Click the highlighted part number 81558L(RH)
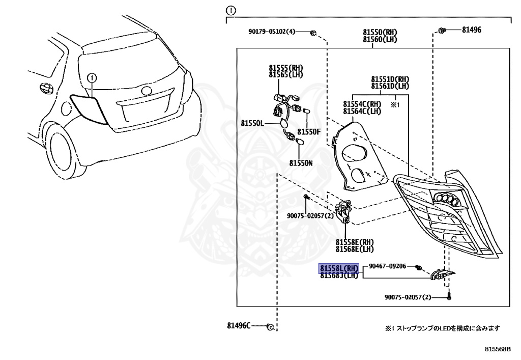339,268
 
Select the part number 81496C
239,325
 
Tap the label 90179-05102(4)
272,32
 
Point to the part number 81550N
301,163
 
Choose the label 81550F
309,132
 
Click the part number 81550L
252,123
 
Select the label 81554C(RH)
362,104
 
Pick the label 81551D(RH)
390,79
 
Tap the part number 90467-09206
387,266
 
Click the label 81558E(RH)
355,242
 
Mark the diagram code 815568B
498,349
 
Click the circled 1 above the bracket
230,11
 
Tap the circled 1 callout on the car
92,78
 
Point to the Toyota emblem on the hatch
146,91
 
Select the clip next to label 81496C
271,327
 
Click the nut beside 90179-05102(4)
313,33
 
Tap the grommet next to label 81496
442,30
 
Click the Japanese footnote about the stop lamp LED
442,328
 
